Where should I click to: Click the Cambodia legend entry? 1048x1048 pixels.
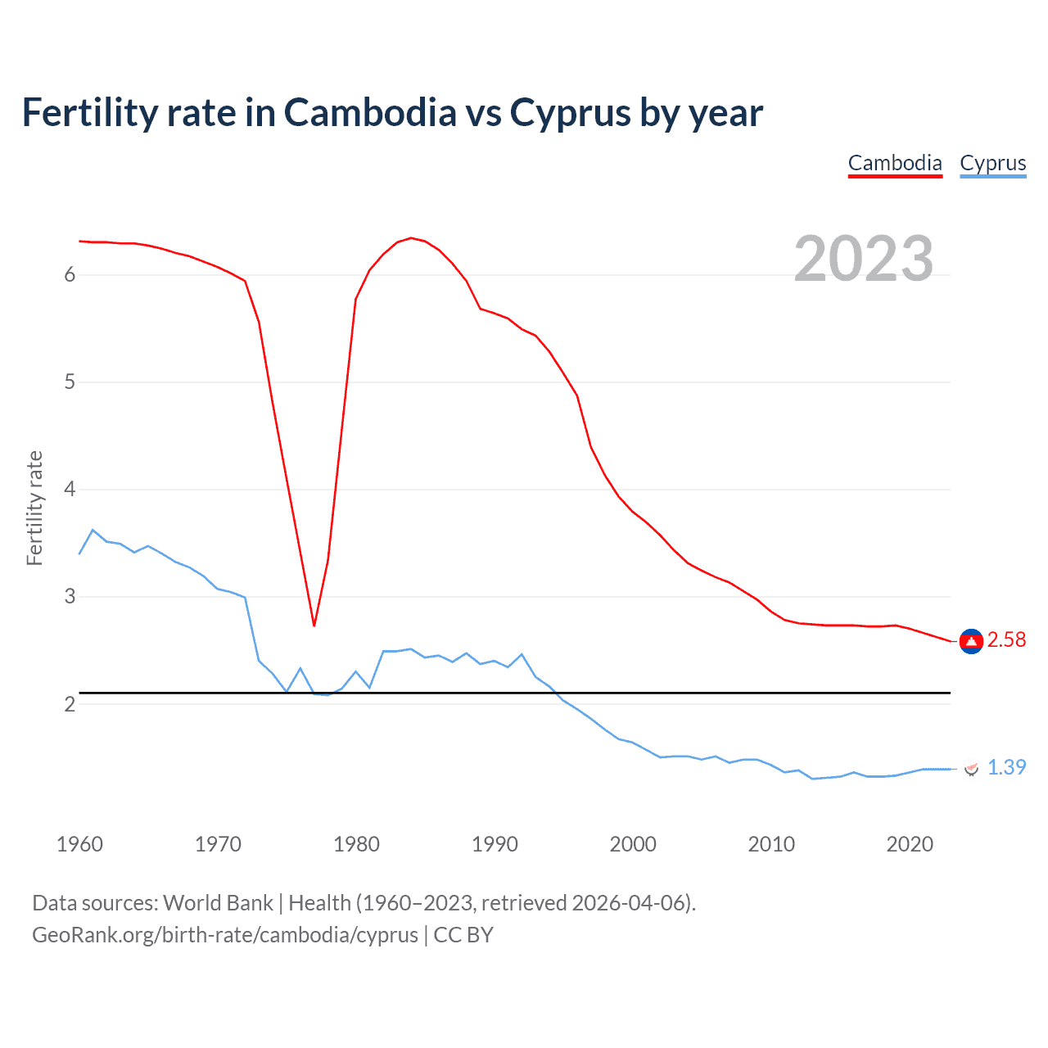[x=895, y=163]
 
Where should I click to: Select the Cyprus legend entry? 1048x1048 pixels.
[x=992, y=163]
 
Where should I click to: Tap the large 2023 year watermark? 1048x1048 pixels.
[x=863, y=259]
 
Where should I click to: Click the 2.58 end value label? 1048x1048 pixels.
[x=1006, y=640]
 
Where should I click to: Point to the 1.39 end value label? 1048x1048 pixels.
[x=1006, y=767]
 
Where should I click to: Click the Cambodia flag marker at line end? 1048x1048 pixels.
[x=971, y=641]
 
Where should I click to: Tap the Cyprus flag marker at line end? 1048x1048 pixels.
[x=971, y=769]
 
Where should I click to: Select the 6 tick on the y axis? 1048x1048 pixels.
[x=70, y=275]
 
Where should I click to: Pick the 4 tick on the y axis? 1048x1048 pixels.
[x=70, y=490]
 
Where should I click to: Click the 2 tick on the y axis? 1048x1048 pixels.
[x=70, y=704]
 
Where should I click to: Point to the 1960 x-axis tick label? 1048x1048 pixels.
[x=79, y=844]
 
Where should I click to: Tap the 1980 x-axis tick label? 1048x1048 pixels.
[x=356, y=844]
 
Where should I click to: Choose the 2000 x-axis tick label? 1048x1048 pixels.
[x=633, y=844]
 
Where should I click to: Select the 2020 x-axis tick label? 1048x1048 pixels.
[x=910, y=844]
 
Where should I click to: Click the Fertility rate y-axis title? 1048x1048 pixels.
[x=34, y=508]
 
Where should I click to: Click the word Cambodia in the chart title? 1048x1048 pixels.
[x=370, y=113]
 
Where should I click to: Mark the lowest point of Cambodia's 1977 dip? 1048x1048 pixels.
[x=314, y=626]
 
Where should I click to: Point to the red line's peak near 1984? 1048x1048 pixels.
[x=410, y=238]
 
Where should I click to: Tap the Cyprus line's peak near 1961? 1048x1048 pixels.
[x=93, y=530]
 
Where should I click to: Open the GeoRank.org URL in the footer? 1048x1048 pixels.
[x=225, y=935]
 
